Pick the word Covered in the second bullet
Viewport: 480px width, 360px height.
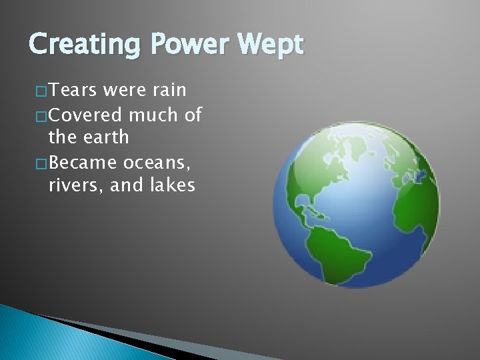[x=85, y=115]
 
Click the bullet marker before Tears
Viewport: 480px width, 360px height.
[x=41, y=91]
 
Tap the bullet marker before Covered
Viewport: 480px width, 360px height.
[x=41, y=116]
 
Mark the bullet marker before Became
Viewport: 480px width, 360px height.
[x=41, y=163]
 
